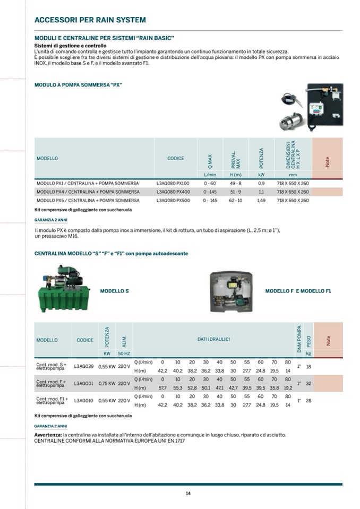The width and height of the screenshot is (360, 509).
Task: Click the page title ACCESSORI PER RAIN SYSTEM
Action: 90,20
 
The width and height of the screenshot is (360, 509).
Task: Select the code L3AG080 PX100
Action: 173,183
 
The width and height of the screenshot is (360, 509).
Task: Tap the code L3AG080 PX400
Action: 173,192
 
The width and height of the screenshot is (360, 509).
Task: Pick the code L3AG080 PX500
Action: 173,201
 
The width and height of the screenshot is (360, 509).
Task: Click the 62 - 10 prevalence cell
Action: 235,201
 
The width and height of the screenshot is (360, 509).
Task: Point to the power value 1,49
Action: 261,201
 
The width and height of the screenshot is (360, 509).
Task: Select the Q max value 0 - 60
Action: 210,183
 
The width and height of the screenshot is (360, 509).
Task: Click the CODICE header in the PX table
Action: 176,158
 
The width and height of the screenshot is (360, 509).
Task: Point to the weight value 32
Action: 308,383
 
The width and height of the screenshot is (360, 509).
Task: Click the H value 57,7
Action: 163,388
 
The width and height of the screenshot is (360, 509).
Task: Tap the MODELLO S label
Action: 114,291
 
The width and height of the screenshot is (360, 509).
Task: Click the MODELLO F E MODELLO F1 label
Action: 298,291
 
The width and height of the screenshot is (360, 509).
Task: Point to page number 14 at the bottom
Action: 188,493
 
